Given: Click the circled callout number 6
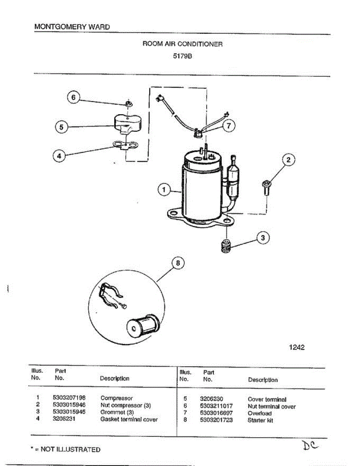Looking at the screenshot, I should tap(73, 97).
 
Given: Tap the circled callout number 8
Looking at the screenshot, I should tap(178, 264).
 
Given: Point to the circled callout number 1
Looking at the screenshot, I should tap(164, 190).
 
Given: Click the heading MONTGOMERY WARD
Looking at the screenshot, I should tap(72, 27).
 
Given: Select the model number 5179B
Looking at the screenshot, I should tap(183, 55).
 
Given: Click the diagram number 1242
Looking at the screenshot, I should tap(297, 347).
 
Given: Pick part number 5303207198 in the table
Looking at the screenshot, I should tap(69, 398).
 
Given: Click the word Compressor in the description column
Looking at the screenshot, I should tap(117, 398).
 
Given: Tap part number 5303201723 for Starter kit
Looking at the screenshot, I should tap(216, 420).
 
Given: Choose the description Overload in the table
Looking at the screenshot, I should tap(259, 413).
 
